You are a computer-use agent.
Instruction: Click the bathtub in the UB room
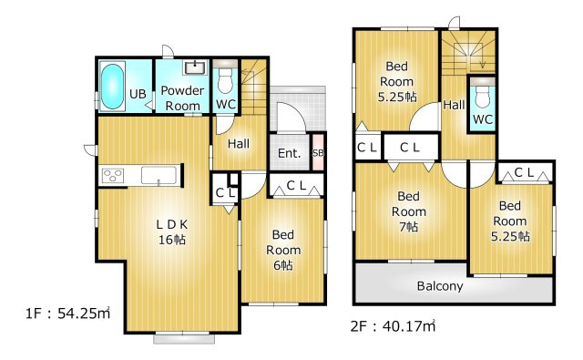112,87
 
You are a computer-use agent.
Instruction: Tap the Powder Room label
182,98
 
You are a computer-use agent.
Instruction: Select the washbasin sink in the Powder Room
195,67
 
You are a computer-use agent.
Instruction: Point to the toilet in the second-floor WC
483,92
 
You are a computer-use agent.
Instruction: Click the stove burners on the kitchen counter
113,175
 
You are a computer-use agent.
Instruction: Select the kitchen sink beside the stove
159,175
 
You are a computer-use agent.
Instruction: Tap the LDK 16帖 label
172,231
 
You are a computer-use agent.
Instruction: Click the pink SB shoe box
318,152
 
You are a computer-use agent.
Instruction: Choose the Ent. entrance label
289,153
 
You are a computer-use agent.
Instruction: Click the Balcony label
440,286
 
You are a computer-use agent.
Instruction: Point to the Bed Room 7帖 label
409,211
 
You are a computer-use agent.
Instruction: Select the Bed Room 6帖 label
283,250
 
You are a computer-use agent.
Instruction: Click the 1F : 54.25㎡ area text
67,314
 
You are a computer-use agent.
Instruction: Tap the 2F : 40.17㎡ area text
393,325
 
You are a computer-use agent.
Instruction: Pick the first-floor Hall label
239,144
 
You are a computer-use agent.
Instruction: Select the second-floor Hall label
454,105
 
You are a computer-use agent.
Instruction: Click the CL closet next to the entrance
296,185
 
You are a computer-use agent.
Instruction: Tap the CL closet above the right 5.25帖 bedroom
525,172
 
